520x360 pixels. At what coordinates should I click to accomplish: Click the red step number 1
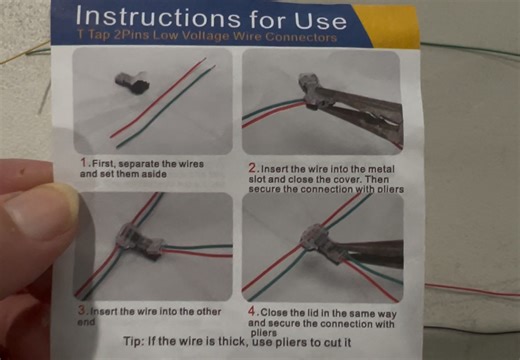[84, 162]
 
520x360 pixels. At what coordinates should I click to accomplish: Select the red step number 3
[82, 311]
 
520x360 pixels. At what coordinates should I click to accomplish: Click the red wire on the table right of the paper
[470, 290]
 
